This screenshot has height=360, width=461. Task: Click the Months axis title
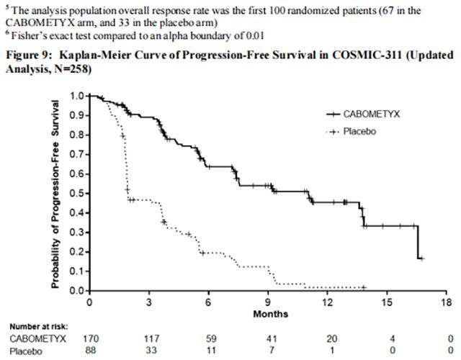pos(270,313)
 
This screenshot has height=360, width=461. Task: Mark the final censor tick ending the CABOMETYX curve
pos(422,258)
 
